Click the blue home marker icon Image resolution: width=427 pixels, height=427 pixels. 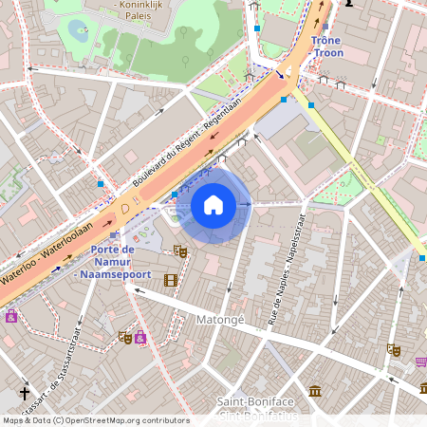(x=213, y=205)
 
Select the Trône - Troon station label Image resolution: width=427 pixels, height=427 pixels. (x=325, y=47)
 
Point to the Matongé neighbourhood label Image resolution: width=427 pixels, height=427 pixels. (x=219, y=321)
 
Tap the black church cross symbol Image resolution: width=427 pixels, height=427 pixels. (x=25, y=392)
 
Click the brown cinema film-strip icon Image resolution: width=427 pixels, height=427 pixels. (x=171, y=280)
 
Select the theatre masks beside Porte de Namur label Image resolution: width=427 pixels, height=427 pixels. (x=180, y=251)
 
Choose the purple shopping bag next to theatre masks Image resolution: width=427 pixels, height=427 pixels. (x=140, y=336)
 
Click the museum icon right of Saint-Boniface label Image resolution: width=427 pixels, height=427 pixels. (x=315, y=390)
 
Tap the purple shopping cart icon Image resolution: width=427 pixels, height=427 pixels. (x=420, y=362)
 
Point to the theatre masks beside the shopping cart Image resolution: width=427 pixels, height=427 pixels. (x=393, y=349)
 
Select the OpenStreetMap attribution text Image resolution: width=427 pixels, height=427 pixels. (x=95, y=420)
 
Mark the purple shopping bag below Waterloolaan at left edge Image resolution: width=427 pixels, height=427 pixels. (x=10, y=316)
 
